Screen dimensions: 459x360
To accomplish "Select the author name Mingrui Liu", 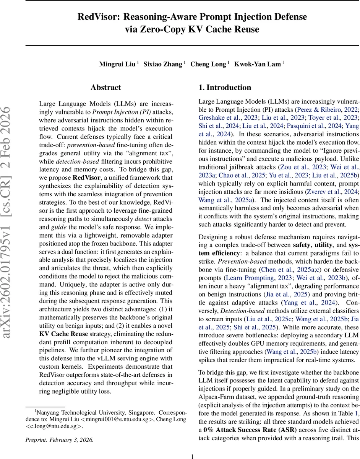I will [x=117, y=64].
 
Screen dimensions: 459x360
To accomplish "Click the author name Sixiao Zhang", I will [x=162, y=64].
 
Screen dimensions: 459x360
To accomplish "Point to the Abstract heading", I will [x=106, y=88].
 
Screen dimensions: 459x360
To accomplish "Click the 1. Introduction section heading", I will [x=225, y=88].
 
